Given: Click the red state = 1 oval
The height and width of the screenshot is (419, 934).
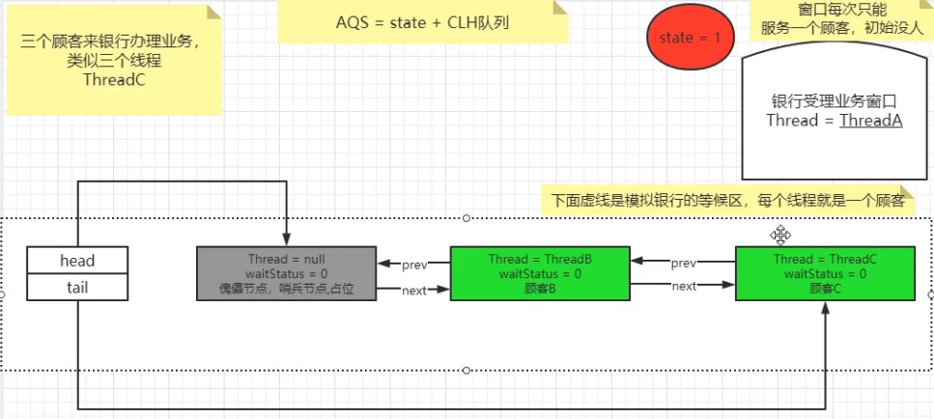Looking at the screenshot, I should pos(690,38).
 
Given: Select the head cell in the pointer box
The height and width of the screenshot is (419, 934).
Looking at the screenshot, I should pos(76,261).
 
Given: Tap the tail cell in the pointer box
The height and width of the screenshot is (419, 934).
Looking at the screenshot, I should pos(76,287).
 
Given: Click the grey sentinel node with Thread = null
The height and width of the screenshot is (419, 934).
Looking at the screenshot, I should pos(285,273).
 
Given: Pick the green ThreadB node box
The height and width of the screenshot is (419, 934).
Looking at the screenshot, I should pos(540,273).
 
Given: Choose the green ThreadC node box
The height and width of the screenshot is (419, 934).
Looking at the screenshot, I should pos(825,273).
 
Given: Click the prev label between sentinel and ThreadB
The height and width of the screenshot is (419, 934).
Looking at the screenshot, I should pos(413,264).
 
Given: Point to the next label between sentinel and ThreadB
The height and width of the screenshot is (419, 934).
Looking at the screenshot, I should pos(413,290).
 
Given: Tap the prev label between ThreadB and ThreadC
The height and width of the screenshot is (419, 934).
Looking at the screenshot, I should pos(683,264).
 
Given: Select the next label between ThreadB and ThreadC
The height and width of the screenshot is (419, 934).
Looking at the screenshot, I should pos(683,287).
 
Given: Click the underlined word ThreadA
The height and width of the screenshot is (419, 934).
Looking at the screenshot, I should pos(870,121).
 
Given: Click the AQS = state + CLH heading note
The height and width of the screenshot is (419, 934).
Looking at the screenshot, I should pos(422,21).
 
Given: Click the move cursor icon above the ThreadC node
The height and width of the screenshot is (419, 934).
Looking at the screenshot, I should pos(780,235).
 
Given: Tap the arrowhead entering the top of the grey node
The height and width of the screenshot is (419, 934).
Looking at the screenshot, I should pos(288,241).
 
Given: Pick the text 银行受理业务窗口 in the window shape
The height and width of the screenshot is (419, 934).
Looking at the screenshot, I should pos(834,101).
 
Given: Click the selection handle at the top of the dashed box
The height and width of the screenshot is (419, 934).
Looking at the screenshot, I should pos(467,218).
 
